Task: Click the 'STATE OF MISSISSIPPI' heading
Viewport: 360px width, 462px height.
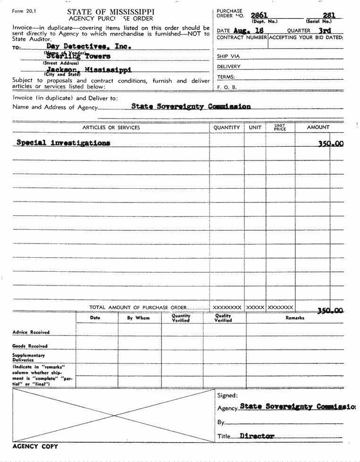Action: pyautogui.click(x=110, y=12)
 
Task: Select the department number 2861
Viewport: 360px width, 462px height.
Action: pyautogui.click(x=260, y=15)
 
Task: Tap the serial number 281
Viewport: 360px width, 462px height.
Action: pyautogui.click(x=329, y=15)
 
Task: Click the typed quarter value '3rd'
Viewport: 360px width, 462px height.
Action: pyautogui.click(x=325, y=30)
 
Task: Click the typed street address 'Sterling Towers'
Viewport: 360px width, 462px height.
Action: pyautogui.click(x=78, y=56)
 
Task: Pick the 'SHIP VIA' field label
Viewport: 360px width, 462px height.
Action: pyautogui.click(x=228, y=57)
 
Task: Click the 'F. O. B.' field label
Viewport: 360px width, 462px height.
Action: pyautogui.click(x=227, y=87)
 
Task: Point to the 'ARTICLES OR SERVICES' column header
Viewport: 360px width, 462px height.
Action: pyautogui.click(x=111, y=127)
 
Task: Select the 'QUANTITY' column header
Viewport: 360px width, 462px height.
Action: pyautogui.click(x=227, y=127)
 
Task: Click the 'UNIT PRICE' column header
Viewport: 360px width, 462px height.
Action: pyautogui.click(x=280, y=127)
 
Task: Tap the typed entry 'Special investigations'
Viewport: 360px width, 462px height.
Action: pyautogui.click(x=63, y=143)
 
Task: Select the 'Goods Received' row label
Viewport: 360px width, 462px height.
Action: pyautogui.click(x=30, y=346)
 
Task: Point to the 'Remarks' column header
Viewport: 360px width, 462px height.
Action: pyautogui.click(x=295, y=318)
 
